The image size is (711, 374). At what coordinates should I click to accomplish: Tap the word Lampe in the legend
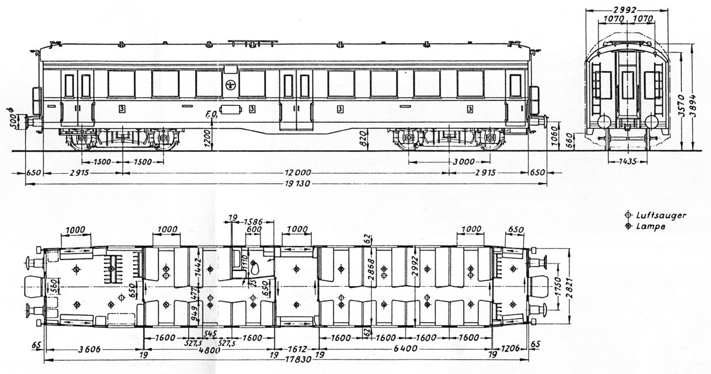650,226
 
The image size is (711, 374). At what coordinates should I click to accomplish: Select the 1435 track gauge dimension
627,162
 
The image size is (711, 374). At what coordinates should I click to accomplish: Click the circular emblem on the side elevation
230,85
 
